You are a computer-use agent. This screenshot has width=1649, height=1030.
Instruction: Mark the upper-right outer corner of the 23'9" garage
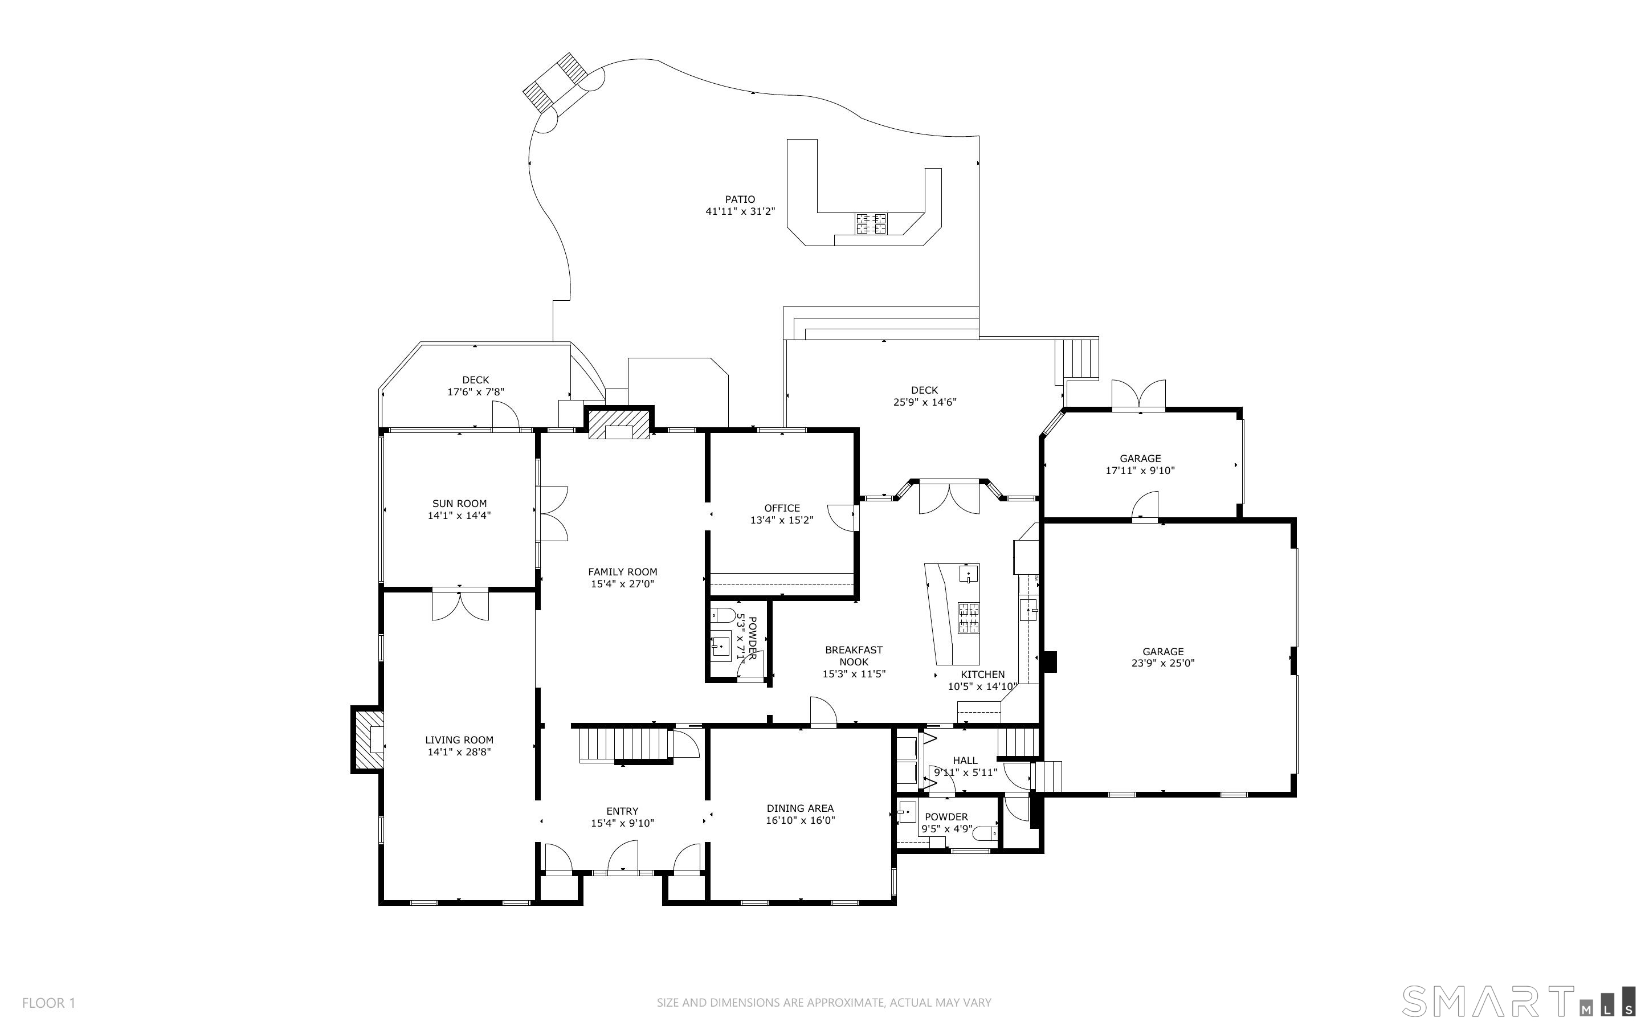[x=1296, y=518]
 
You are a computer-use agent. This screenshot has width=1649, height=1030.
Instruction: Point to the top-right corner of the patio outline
[x=979, y=136]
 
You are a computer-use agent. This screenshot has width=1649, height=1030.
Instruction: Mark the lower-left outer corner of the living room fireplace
[x=352, y=772]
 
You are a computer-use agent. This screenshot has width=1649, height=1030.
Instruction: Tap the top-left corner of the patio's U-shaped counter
[x=787, y=140]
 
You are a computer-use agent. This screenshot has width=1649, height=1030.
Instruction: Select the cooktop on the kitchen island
[x=969, y=618]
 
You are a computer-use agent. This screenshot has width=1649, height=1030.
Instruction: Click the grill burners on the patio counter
[x=871, y=223]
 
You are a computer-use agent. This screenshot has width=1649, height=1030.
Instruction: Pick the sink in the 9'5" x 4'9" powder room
[x=907, y=812]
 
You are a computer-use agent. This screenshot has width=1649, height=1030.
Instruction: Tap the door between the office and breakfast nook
[x=843, y=518]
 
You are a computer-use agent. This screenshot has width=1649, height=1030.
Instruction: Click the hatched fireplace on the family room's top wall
[x=618, y=424]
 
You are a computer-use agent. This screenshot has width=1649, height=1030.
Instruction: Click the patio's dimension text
[x=740, y=211]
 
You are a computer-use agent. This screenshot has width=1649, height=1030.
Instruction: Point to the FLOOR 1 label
[x=49, y=1003]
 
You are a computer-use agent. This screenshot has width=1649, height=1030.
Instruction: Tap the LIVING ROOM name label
[x=459, y=740]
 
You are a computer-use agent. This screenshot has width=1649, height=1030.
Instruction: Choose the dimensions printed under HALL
[x=965, y=772]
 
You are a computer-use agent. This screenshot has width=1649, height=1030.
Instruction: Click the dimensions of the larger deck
[x=925, y=402]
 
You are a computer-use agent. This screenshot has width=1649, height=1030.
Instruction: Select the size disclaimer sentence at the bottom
[x=824, y=1003]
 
